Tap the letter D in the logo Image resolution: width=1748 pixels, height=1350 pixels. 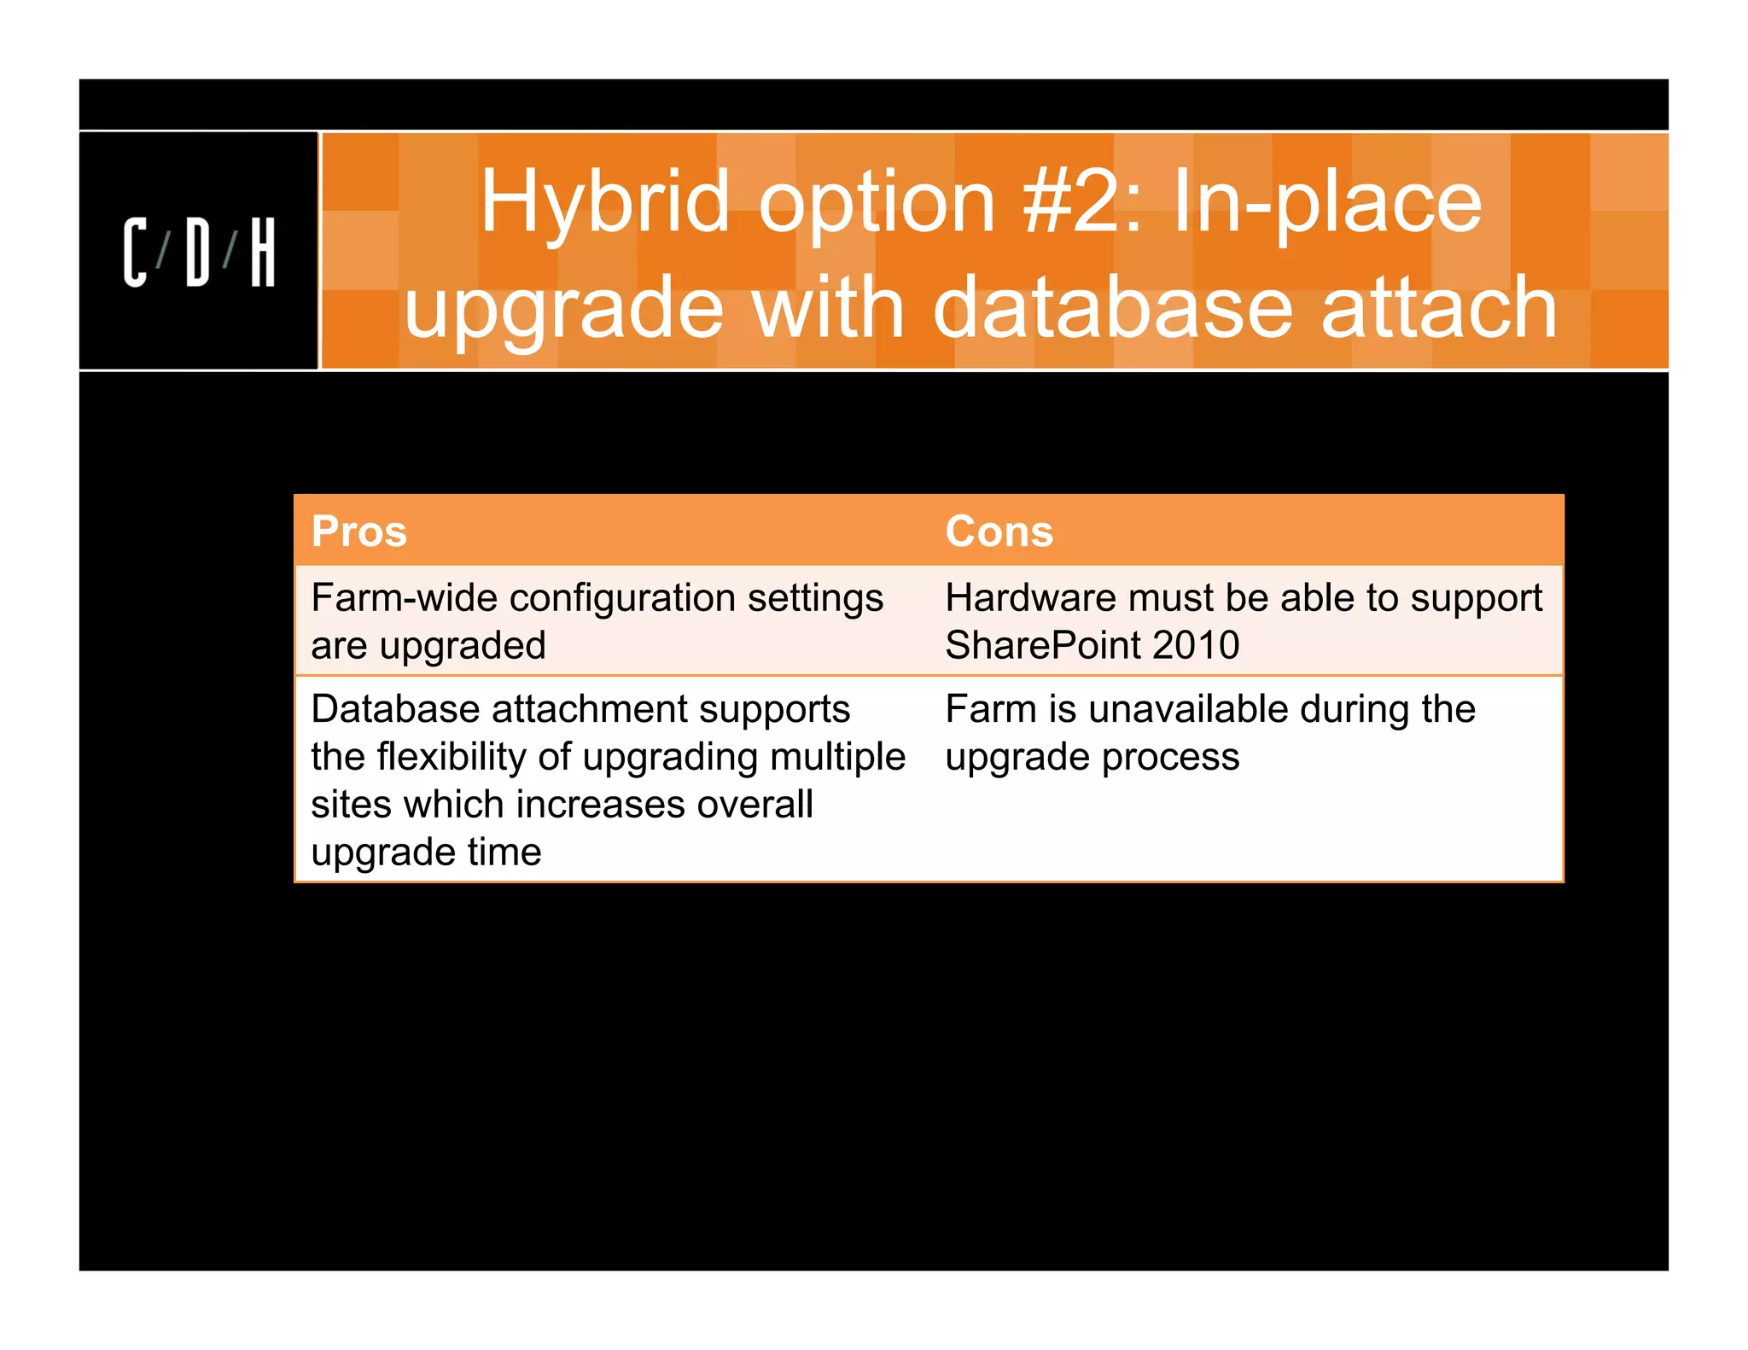coord(198,253)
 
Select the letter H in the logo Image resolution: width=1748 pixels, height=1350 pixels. coord(263,253)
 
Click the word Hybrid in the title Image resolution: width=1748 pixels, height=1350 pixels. coord(605,203)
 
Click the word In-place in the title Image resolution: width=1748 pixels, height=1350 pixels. coord(1327,203)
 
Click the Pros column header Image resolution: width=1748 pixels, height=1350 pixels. coord(359,532)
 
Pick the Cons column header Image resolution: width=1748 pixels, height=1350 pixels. coord(999,532)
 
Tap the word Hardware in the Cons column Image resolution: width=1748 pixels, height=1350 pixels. coord(1029,598)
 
